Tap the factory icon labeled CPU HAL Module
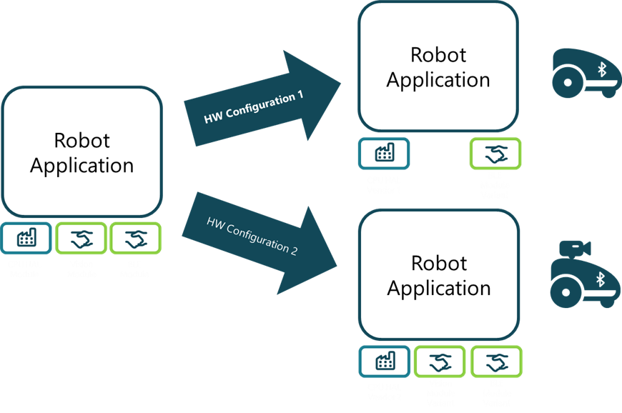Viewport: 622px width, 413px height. (x=26, y=238)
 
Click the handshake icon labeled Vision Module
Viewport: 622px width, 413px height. (x=81, y=238)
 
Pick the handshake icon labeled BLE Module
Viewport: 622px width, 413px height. (x=134, y=238)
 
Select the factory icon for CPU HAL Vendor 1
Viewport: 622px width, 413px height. (x=384, y=153)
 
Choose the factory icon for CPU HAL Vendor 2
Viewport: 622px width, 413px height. (x=384, y=362)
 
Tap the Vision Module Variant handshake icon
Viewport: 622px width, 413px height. (x=439, y=362)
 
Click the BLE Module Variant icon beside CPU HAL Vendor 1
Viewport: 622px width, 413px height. (x=495, y=153)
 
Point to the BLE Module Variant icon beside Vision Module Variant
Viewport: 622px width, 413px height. (x=495, y=362)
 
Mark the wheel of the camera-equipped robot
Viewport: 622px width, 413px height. (x=569, y=290)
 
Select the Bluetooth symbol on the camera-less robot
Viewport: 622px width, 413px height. (x=601, y=69)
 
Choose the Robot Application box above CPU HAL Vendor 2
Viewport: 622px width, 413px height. (x=438, y=275)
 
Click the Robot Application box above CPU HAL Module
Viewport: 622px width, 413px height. (x=82, y=151)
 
